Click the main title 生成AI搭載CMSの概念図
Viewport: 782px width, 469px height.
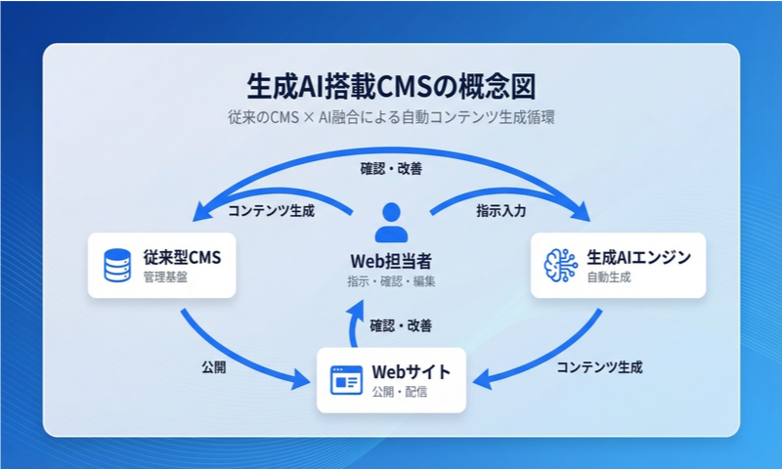click(391, 84)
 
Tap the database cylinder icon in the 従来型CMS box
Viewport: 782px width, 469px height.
click(117, 265)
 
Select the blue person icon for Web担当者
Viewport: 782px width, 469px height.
click(391, 223)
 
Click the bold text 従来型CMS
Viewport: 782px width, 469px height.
click(182, 258)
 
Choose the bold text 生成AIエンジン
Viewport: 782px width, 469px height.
click(639, 258)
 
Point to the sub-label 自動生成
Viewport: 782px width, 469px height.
click(609, 277)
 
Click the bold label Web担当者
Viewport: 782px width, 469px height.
click(391, 261)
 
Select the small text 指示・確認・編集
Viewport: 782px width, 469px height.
click(391, 281)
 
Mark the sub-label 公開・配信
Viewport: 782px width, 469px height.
click(400, 393)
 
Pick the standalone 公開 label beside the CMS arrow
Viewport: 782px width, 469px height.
click(214, 368)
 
